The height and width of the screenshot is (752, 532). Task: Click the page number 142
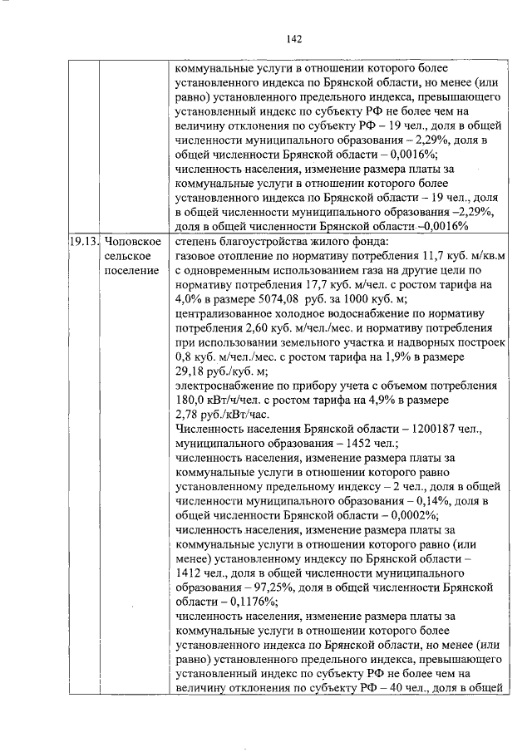pos(293,38)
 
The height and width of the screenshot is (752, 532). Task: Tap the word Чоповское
pos(134,241)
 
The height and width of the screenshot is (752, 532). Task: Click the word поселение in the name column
pos(131,271)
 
